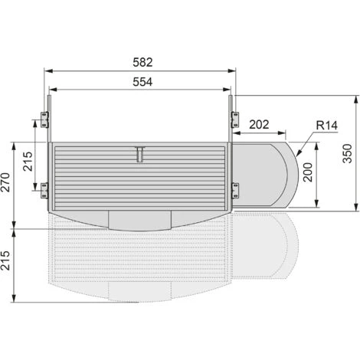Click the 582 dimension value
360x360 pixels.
tap(142, 62)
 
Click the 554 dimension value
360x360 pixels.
tap(142, 82)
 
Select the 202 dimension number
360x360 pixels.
tap(259, 125)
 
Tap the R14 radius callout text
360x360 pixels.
tap(326, 126)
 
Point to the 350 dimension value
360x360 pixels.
tap(347, 153)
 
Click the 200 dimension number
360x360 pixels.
tap(308, 172)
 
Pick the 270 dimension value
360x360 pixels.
tap(5, 182)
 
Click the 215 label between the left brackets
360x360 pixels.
tap(28, 162)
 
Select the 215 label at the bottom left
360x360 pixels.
tap(5, 260)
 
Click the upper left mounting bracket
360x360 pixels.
tap(44, 119)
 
